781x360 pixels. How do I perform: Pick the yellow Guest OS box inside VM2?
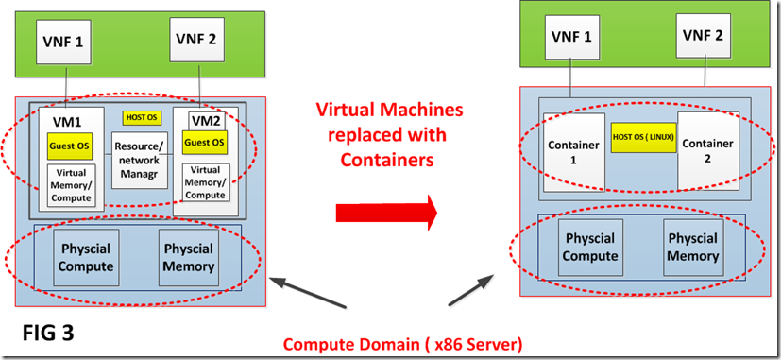point(204,142)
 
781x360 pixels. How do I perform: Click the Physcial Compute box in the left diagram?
point(87,257)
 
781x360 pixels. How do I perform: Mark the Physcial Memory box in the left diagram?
point(190,257)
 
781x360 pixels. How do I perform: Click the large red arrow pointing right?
point(386,212)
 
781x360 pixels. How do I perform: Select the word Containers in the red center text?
point(389,161)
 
